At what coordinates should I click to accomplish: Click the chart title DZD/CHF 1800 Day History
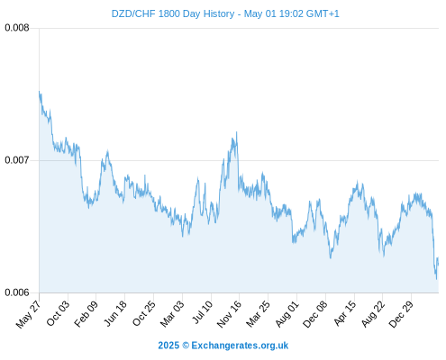[173, 13]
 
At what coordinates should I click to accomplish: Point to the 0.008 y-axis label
[17, 28]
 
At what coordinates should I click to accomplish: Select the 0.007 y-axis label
[17, 160]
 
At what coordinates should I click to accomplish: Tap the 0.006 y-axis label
[17, 292]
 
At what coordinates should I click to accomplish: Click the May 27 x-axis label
[29, 314]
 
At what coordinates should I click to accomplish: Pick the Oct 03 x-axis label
[58, 313]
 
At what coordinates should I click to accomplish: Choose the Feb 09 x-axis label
[86, 313]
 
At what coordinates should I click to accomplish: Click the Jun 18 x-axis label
[115, 313]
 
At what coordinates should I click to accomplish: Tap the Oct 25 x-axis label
[144, 313]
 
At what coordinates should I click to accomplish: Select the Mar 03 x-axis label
[172, 313]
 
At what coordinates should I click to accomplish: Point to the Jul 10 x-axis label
[203, 312]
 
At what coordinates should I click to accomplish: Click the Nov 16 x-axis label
[229, 314]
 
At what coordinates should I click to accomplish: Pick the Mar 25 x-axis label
[259, 313]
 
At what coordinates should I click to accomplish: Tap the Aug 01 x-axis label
[287, 313]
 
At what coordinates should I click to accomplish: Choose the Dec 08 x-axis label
[315, 314]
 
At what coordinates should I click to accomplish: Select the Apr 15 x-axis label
[345, 313]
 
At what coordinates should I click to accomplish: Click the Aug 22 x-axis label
[373, 313]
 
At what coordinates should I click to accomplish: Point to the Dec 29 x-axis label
[401, 314]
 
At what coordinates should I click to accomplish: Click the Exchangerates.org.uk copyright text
[223, 346]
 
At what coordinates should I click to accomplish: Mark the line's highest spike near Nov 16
[237, 132]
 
